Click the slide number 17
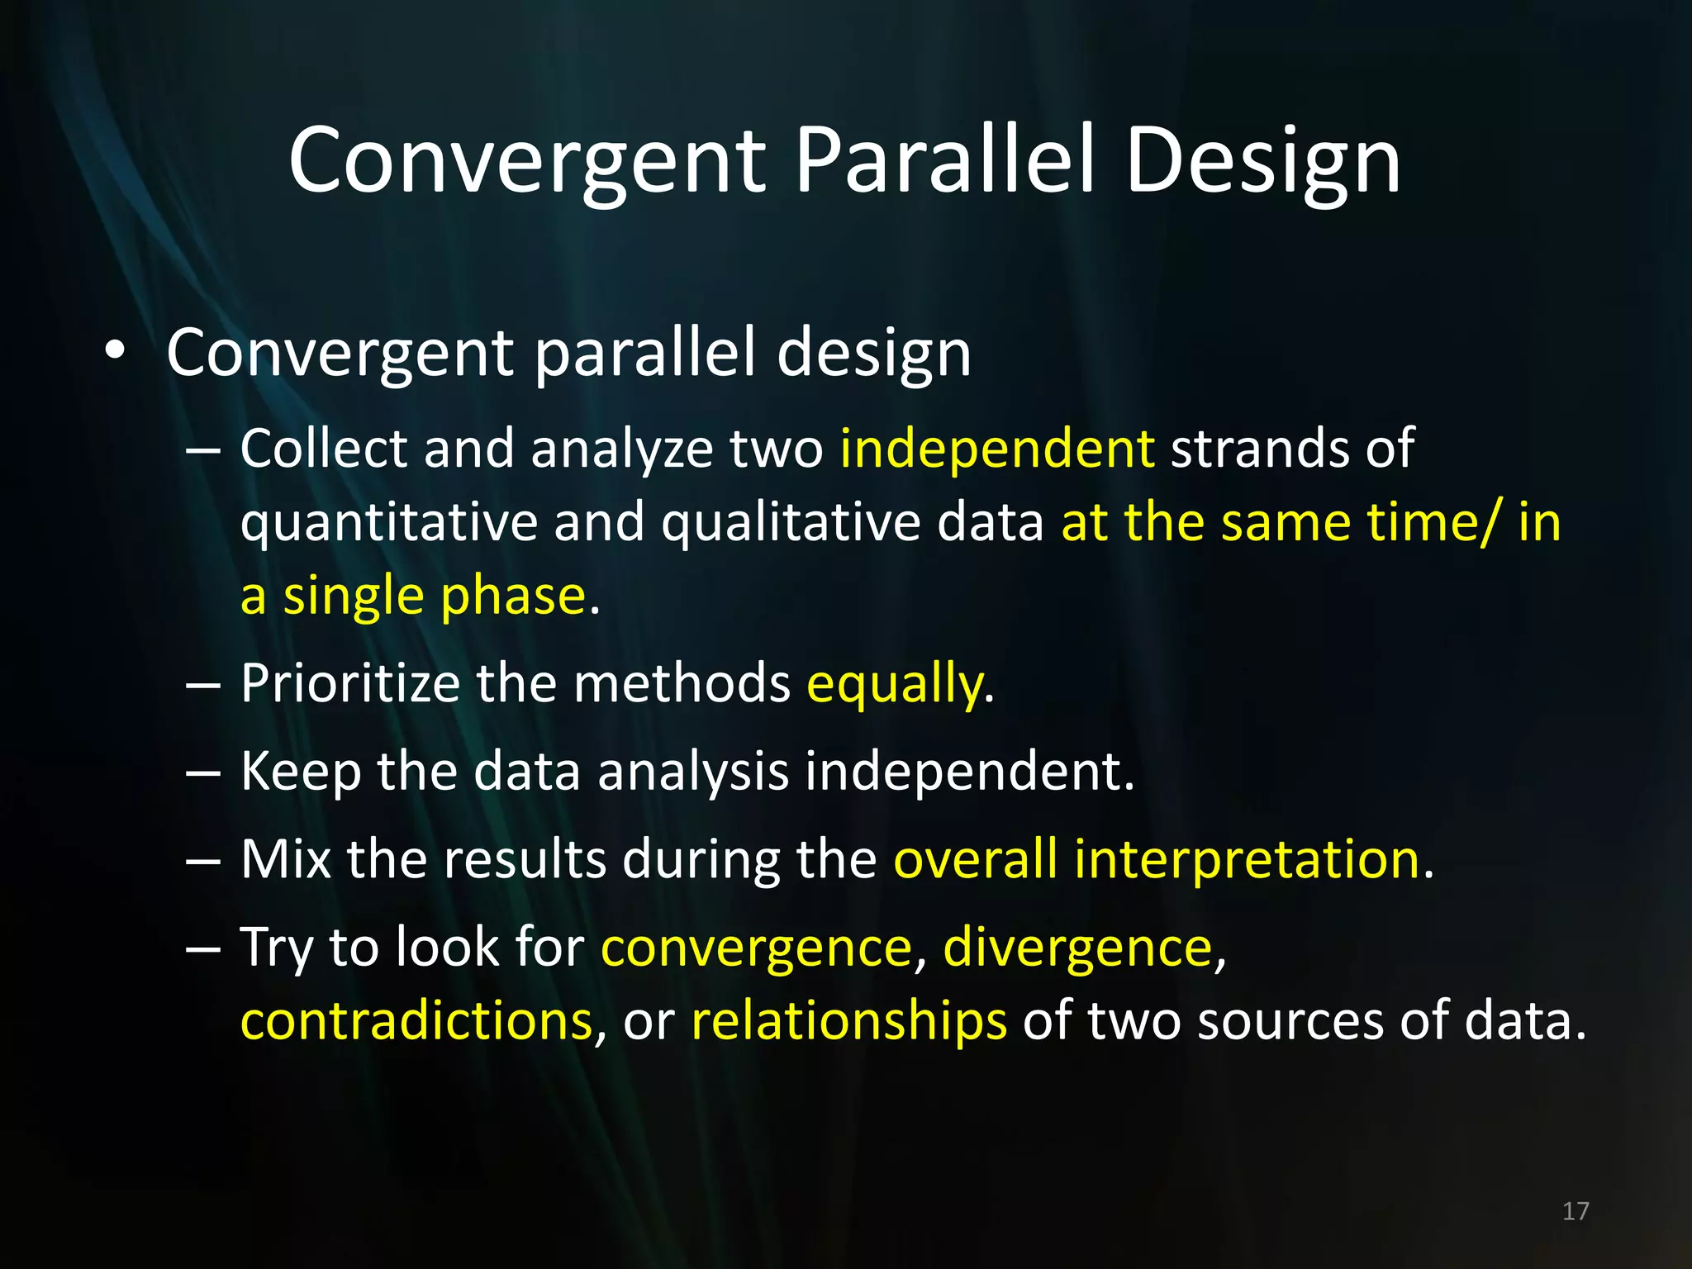pos(1576,1211)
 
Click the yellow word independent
pos(996,449)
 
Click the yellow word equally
pos(895,685)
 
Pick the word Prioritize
pos(349,684)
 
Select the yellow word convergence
pos(756,948)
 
